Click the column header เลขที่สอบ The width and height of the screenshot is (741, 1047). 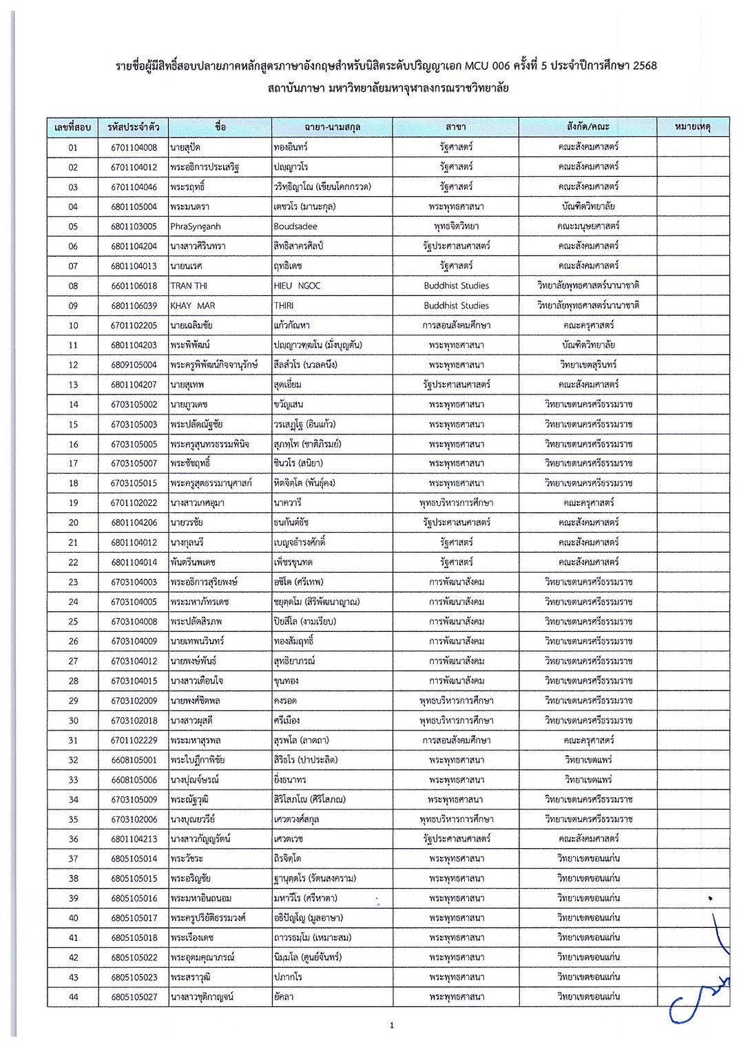click(73, 127)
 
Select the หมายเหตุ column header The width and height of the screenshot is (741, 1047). click(692, 127)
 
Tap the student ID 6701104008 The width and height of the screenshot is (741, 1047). click(134, 147)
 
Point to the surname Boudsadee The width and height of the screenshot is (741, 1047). click(295, 226)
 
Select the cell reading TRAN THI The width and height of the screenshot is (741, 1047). click(189, 286)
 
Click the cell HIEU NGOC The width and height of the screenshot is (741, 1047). click(297, 286)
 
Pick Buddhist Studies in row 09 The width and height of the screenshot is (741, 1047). click(456, 306)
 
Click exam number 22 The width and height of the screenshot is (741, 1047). click(73, 562)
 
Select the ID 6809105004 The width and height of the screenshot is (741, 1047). click(134, 365)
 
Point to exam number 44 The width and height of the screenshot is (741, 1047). click(73, 997)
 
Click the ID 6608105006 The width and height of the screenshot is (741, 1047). click(134, 780)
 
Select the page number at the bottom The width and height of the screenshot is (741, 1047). click(392, 1026)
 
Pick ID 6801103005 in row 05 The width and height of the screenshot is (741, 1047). click(134, 226)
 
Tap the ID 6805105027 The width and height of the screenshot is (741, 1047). click(134, 997)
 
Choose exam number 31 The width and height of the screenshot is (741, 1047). click(73, 741)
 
